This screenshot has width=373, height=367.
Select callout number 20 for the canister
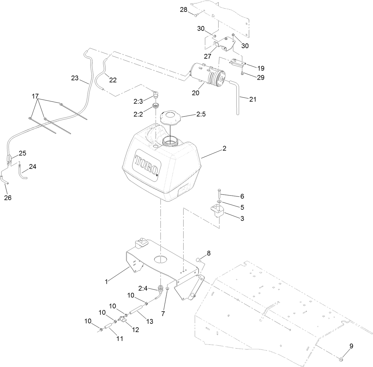[196, 93]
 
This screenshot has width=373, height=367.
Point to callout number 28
[184, 9]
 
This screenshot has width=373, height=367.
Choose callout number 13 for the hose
[150, 321]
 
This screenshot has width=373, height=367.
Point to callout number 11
[119, 338]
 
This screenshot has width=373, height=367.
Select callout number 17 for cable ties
[35, 96]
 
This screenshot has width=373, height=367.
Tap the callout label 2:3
[138, 101]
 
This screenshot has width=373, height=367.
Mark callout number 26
[8, 198]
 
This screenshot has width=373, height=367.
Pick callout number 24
[33, 167]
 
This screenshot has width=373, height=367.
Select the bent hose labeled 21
[237, 98]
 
